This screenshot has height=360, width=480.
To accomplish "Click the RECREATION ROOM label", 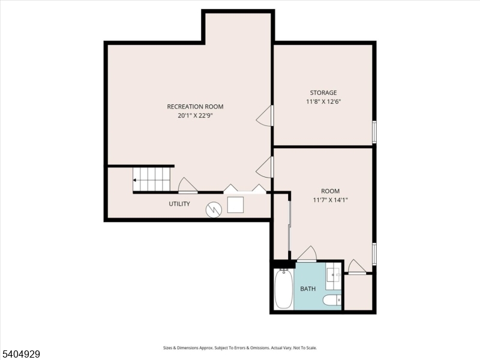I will coord(195,107).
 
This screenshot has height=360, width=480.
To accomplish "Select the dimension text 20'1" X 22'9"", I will coord(195,116).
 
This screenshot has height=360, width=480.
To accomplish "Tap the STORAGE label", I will coord(323,93).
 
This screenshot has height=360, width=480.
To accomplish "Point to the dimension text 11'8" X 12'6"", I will coord(323,102).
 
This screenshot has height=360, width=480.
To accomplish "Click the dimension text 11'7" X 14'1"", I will coord(330,200).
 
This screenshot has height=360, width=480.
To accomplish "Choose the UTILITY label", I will coord(179,204).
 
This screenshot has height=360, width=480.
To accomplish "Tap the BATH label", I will coord(308,289).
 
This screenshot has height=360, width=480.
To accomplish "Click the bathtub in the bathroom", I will coord(283,289).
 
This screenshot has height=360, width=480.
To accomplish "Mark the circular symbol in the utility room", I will coord(214,209).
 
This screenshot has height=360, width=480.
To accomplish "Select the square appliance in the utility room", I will coord(235,205).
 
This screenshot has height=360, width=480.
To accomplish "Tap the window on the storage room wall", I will coord(374,132).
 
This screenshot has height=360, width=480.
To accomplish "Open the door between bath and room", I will coord(307,254).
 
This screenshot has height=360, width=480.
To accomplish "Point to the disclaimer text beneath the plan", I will coord(240,348).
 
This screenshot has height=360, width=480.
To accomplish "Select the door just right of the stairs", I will coord(187,185).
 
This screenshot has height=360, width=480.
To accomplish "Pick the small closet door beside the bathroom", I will coord(356,267).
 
